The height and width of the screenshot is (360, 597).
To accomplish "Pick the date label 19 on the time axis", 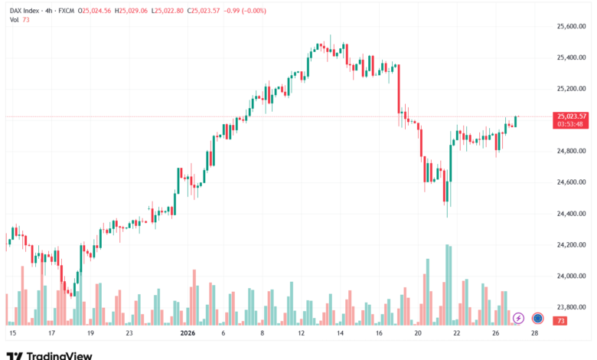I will [90, 334].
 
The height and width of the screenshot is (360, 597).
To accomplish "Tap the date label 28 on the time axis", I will [534, 334].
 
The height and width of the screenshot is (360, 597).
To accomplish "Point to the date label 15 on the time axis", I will [12, 334].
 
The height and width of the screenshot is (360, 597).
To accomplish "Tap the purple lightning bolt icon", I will [518, 318].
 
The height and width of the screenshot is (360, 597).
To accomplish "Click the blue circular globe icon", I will [538, 318].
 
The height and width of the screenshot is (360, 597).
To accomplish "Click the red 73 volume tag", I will [561, 320].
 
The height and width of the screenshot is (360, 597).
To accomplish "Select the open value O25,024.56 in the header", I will [97, 9].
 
